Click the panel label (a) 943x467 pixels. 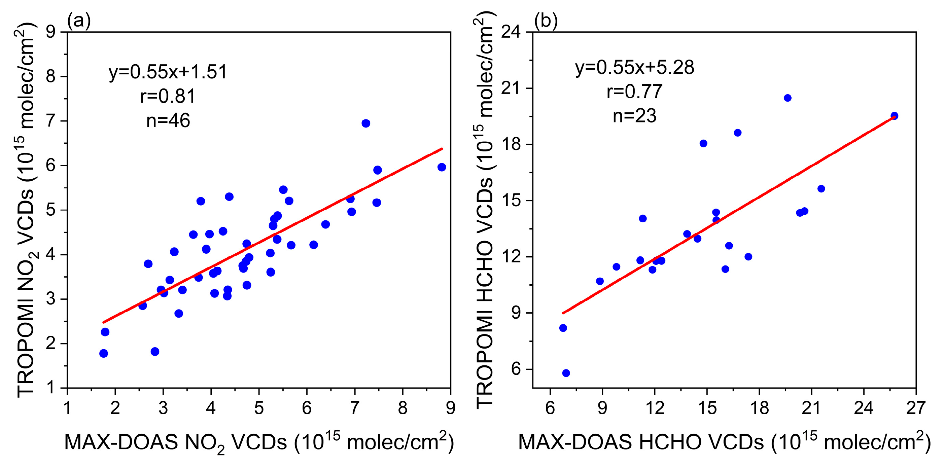[x=79, y=21]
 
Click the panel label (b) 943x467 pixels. [x=546, y=21]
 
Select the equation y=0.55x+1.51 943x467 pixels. [x=168, y=72]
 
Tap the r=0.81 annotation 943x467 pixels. [x=168, y=96]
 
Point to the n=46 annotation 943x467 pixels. [x=168, y=120]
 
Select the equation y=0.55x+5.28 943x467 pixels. [x=634, y=67]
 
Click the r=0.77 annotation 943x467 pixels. [x=634, y=92]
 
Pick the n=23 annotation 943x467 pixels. [x=634, y=116]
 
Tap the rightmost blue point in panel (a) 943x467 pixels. [x=442, y=167]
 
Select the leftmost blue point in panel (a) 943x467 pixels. [x=104, y=354]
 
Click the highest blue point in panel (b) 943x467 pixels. [x=788, y=98]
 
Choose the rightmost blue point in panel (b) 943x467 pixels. [x=894, y=116]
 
